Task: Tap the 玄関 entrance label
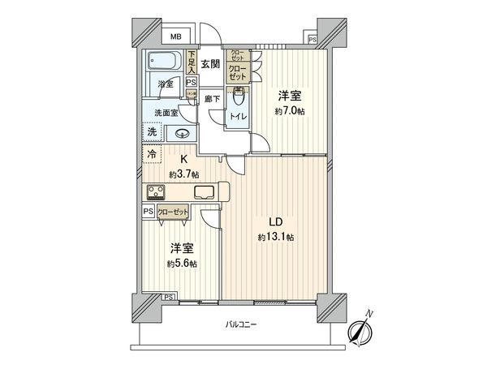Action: (210, 64)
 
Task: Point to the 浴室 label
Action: (166, 83)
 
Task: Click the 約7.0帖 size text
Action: (289, 111)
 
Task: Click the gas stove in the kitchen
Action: (157, 192)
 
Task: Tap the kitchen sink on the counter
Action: (204, 192)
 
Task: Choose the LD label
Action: (276, 221)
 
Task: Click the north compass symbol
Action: (360, 331)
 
